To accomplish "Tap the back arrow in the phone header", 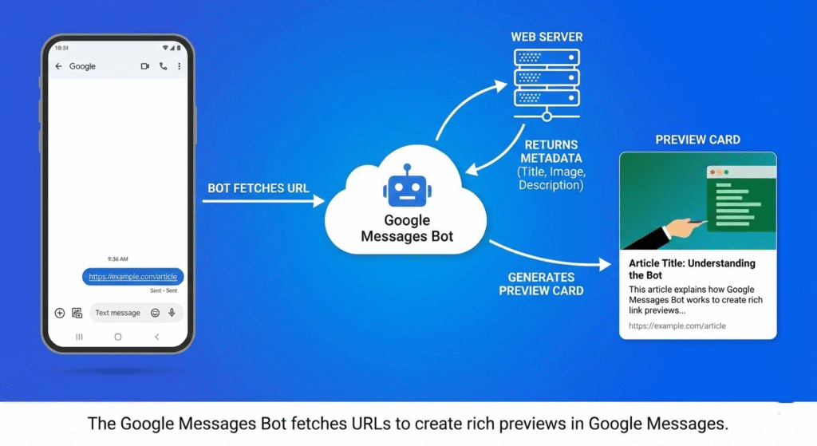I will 58,66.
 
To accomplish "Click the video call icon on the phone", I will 144,66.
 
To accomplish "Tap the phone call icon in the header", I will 163,66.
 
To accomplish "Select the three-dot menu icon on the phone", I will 179,66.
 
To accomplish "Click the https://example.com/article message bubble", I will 132,277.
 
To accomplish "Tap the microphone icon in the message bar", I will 172,313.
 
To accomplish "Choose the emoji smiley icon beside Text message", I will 155,313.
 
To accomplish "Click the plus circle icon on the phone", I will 60,313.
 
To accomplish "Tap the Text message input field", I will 118,313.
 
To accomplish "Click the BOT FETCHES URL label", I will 259,188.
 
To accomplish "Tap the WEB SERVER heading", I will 547,37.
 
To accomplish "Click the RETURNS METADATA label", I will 551,152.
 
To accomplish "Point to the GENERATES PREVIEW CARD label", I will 541,284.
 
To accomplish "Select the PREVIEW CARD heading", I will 697,140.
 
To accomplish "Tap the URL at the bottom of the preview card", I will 677,326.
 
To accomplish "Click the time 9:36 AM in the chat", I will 117,259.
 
